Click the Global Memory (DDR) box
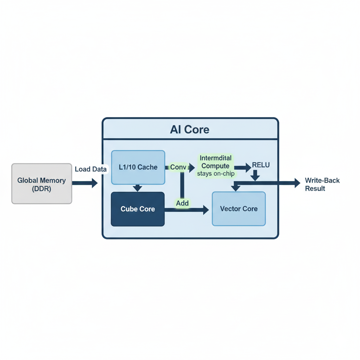42,184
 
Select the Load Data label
91,169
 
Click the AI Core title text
189,129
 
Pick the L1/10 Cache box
138,167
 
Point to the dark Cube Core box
138,209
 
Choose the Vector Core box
239,209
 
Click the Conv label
178,167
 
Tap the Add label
182,203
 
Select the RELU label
261,165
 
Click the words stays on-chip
216,174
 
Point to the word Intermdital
216,158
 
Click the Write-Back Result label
322,184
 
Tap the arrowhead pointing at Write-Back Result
297,183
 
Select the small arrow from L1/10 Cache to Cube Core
137,188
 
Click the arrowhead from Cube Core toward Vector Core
206,210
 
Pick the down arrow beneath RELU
255,175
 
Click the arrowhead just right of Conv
192,168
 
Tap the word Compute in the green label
216,166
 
